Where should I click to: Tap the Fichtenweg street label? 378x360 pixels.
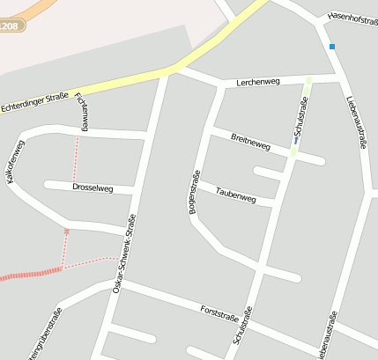(82, 111)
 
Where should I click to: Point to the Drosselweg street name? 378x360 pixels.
(93, 187)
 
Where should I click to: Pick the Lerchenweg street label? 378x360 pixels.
(258, 82)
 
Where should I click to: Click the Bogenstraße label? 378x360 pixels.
(194, 192)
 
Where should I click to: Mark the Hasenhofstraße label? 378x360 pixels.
(352, 18)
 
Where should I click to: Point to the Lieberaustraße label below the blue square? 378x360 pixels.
(356, 122)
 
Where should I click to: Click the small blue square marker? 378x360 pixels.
(332, 46)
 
